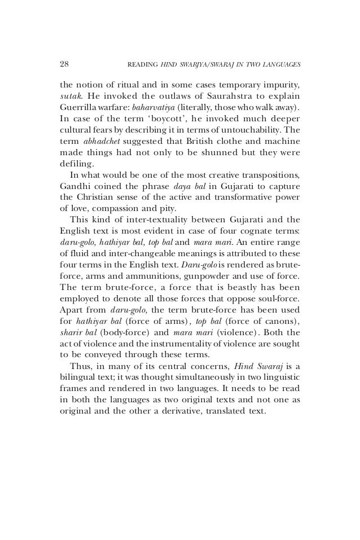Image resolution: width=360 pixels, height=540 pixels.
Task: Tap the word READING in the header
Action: point(145,63)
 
